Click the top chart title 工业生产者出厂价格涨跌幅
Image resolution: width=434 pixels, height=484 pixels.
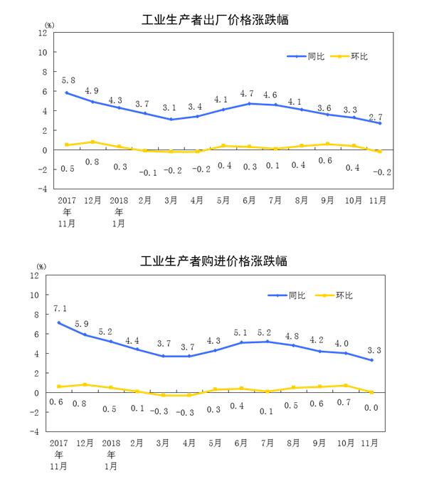coord(216,21)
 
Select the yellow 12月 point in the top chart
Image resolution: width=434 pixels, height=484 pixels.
coord(93,142)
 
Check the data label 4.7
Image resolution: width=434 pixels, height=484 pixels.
coord(249,93)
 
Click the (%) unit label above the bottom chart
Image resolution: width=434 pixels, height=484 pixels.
coord(41,266)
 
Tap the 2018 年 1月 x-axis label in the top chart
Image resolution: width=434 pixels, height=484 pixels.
coord(119,212)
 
